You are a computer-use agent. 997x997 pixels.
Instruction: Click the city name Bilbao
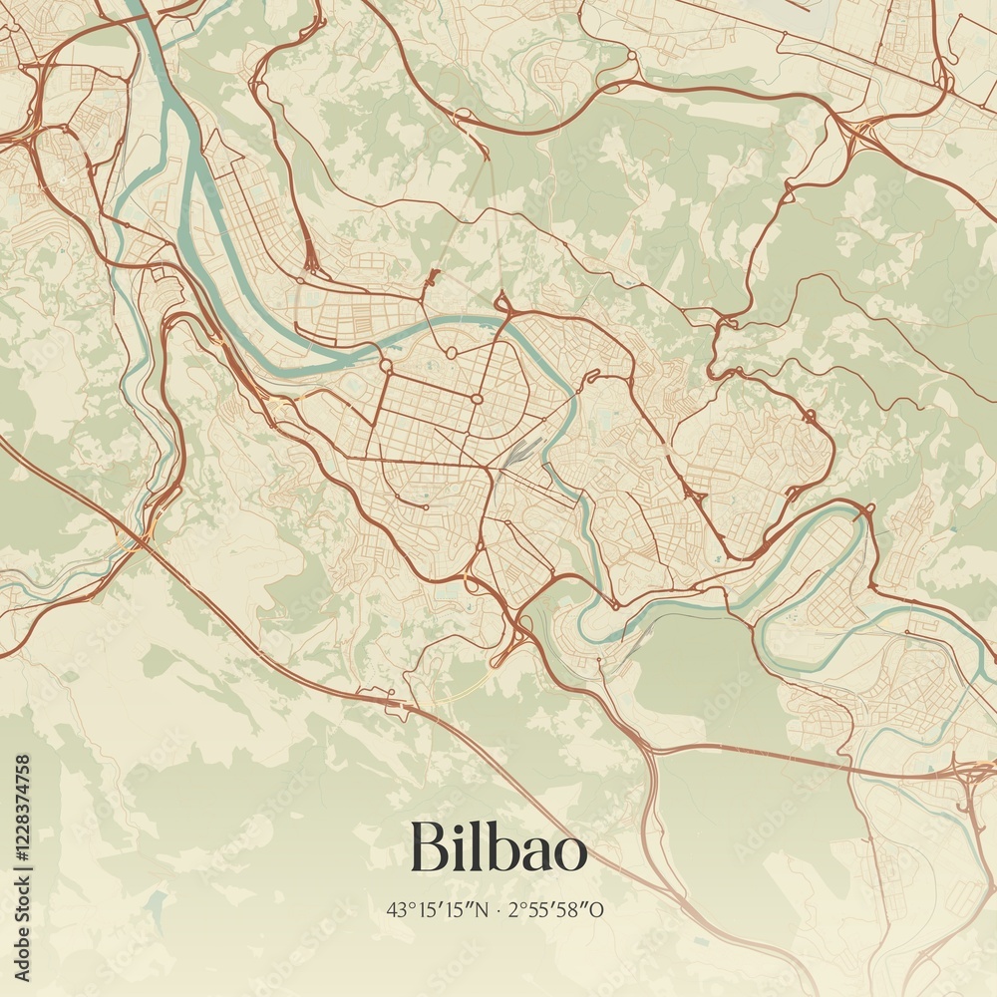(498, 847)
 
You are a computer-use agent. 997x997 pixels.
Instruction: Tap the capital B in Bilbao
(426, 846)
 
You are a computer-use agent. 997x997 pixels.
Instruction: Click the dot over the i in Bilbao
(454, 826)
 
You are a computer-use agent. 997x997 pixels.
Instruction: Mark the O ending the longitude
(598, 909)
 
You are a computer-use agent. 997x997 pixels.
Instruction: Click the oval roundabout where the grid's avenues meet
(476, 399)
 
